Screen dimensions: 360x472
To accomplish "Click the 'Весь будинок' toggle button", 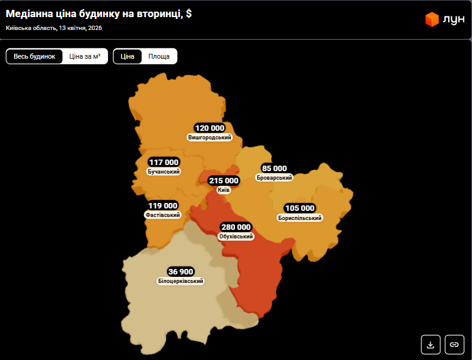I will (34, 56).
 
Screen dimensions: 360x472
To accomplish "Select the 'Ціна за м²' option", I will (85, 56).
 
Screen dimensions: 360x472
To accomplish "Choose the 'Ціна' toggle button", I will (128, 56).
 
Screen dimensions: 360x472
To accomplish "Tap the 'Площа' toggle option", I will (159, 56).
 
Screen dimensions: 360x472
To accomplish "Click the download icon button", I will (430, 345).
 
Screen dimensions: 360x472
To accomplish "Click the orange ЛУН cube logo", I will (432, 20).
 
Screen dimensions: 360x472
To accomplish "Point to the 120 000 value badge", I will (210, 128).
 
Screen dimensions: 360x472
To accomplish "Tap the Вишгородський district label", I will (210, 138).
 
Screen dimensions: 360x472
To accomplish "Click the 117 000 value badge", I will (164, 162).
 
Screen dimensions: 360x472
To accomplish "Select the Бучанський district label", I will (164, 172).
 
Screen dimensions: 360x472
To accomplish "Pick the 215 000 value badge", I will (224, 181).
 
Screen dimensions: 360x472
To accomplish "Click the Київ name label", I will (223, 191).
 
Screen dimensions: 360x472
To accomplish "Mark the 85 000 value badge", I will (274, 168).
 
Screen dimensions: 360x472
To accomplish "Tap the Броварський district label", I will (275, 177).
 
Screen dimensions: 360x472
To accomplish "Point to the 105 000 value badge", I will (300, 208).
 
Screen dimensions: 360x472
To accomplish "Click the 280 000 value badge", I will (236, 227).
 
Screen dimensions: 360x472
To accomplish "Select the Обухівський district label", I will (236, 237).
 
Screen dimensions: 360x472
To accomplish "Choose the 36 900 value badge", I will (180, 271).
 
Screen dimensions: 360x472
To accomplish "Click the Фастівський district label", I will (162, 215).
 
